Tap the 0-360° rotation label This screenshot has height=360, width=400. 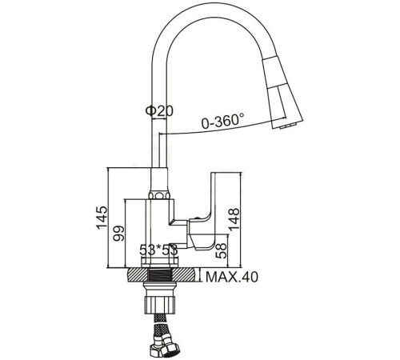pyautogui.click(x=223, y=124)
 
